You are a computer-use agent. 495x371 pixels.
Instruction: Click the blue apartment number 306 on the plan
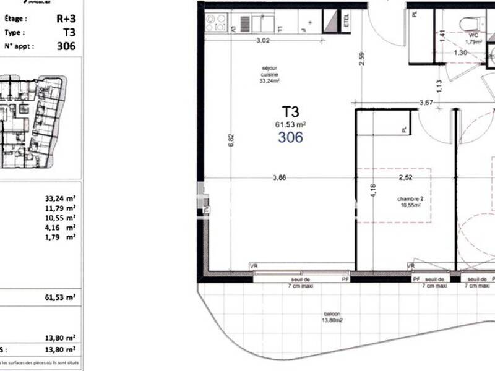point(290,137)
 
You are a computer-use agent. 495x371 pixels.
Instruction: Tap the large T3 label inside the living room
point(291,112)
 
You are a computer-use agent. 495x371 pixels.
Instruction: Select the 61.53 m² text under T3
point(291,124)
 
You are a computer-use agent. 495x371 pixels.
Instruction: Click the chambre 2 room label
point(409,203)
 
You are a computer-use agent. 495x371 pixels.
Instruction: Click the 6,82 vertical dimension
point(231,139)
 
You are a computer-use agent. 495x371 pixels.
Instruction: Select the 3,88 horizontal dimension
point(280,178)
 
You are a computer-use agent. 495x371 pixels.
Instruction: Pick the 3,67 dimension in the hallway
point(426,103)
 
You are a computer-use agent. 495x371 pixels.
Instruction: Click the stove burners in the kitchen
point(217,23)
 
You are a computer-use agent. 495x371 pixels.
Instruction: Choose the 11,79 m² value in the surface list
point(60,208)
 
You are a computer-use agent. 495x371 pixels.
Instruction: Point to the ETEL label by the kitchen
point(346,21)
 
